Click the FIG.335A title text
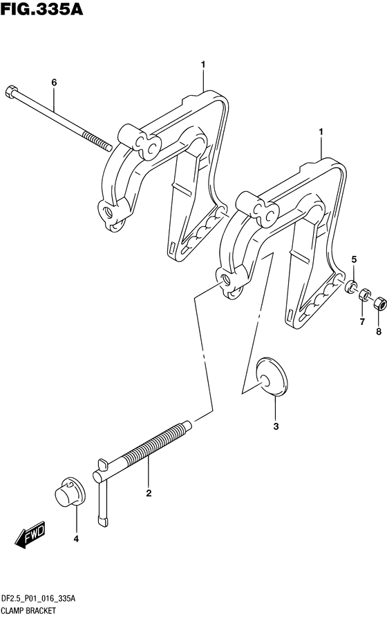pyautogui.click(x=42, y=9)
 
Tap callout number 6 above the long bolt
pyautogui.click(x=54, y=82)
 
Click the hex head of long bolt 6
pyautogui.click(x=10, y=92)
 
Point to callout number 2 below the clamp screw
pyautogui.click(x=149, y=493)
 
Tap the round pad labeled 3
pyautogui.click(x=272, y=376)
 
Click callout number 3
pyautogui.click(x=276, y=426)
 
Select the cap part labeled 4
pyautogui.click(x=70, y=492)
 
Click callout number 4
pyautogui.click(x=76, y=539)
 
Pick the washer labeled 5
pyautogui.click(x=350, y=286)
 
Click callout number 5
pyautogui.click(x=355, y=259)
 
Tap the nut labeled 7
pyautogui.click(x=364, y=294)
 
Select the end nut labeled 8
pyautogui.click(x=379, y=302)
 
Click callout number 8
pyautogui.click(x=379, y=332)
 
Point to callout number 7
pyautogui.click(x=362, y=322)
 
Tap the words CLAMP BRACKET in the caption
pyautogui.click(x=28, y=610)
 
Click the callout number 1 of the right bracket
pyautogui.click(x=321, y=132)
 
